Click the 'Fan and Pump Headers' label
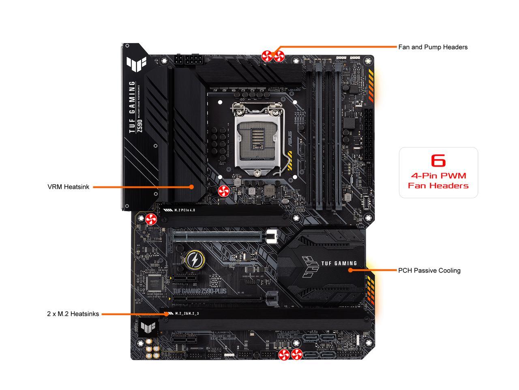[x=433, y=47]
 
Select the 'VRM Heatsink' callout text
[x=68, y=187]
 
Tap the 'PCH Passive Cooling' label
[x=429, y=271]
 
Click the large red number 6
[x=438, y=160]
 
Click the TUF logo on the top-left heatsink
[x=133, y=63]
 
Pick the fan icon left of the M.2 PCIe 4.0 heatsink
[x=150, y=219]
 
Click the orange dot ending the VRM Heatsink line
[x=192, y=187]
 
